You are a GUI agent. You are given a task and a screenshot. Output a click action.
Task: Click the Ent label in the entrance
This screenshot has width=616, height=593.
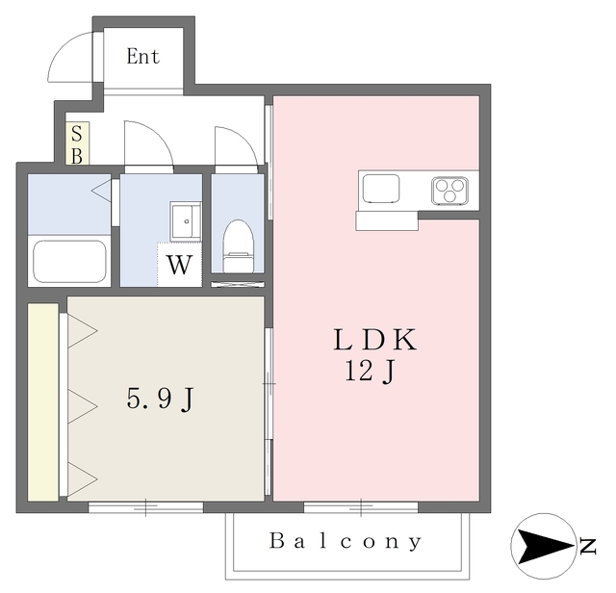coord(143,57)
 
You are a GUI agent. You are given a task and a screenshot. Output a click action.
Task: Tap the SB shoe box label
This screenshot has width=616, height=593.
coord(77,143)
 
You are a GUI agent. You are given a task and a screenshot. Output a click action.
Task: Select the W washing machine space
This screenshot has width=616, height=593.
coord(180,265)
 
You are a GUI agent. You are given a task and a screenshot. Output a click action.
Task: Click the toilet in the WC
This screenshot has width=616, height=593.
coord(238,245)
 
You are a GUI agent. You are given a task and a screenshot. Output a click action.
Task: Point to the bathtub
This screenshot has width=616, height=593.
coord(69,261)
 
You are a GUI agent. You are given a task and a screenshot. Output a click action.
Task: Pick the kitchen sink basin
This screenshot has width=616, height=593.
coord(381,189)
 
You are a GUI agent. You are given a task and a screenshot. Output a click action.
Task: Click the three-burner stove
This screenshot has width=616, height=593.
coord(449,191)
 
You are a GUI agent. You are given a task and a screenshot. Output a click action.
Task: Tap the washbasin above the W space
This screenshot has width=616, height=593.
coord(186,221)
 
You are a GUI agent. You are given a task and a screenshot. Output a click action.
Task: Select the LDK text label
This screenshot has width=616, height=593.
coord(374,340)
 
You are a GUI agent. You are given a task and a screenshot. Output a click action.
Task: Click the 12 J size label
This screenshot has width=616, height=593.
coord(370,372)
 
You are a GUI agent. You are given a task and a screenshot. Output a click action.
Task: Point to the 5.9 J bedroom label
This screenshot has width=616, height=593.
coord(161,399)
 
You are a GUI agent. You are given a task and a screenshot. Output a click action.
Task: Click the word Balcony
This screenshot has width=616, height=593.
coord(346,542)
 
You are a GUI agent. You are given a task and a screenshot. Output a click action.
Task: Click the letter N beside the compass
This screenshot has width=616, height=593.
coord(588,546)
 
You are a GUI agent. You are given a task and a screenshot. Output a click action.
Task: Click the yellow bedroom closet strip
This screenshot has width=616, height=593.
coord(43,402)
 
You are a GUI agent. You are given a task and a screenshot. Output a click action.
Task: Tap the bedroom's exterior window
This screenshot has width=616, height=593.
coord(145,507)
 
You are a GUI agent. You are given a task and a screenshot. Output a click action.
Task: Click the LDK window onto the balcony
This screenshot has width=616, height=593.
coord(361,507)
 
